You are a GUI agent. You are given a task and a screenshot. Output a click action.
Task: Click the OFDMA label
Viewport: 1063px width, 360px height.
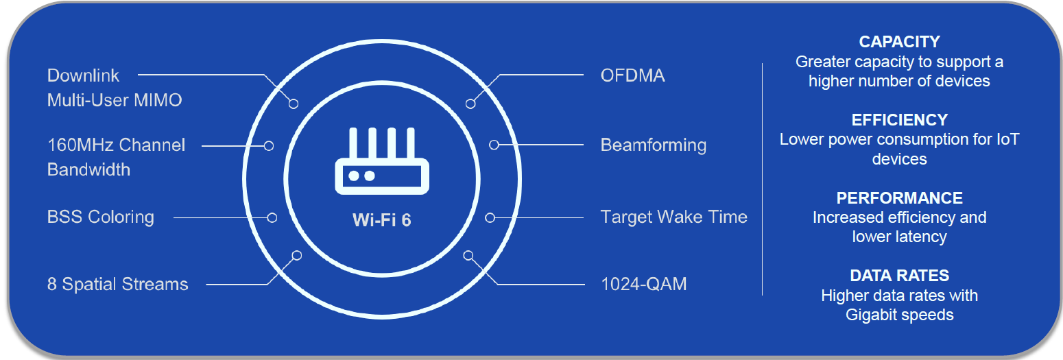(632, 75)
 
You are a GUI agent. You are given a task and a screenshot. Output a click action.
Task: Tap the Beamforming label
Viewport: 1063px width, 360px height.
(654, 145)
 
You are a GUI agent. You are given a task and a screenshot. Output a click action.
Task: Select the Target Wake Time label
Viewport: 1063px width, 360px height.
(674, 217)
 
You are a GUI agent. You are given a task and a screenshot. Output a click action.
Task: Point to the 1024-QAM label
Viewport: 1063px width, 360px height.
(643, 284)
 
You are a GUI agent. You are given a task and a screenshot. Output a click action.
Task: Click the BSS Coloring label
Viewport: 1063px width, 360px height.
(101, 217)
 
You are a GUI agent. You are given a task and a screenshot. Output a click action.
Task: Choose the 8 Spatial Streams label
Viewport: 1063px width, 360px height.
(118, 284)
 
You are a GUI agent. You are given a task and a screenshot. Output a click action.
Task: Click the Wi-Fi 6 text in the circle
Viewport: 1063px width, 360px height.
(381, 220)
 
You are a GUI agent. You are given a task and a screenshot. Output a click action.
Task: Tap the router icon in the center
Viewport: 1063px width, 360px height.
(382, 160)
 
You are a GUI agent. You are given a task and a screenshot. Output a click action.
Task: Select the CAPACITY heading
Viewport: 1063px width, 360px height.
(899, 42)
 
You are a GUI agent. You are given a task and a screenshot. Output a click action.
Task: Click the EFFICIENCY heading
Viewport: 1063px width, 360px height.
(899, 120)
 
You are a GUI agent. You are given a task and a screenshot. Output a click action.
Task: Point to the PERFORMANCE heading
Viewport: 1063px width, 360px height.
(899, 197)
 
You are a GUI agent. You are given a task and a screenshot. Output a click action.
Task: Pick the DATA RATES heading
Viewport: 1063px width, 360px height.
(899, 276)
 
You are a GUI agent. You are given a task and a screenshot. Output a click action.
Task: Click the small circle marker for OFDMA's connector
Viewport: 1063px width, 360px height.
(470, 104)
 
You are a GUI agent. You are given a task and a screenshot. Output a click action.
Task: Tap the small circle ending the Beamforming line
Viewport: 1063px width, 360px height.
(494, 145)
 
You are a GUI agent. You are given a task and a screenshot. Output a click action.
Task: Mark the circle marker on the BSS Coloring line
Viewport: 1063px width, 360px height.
(272, 217)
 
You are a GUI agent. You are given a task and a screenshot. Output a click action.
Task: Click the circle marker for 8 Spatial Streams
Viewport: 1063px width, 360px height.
(297, 256)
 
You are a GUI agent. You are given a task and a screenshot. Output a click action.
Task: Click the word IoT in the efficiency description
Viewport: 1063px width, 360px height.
(1007, 139)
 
